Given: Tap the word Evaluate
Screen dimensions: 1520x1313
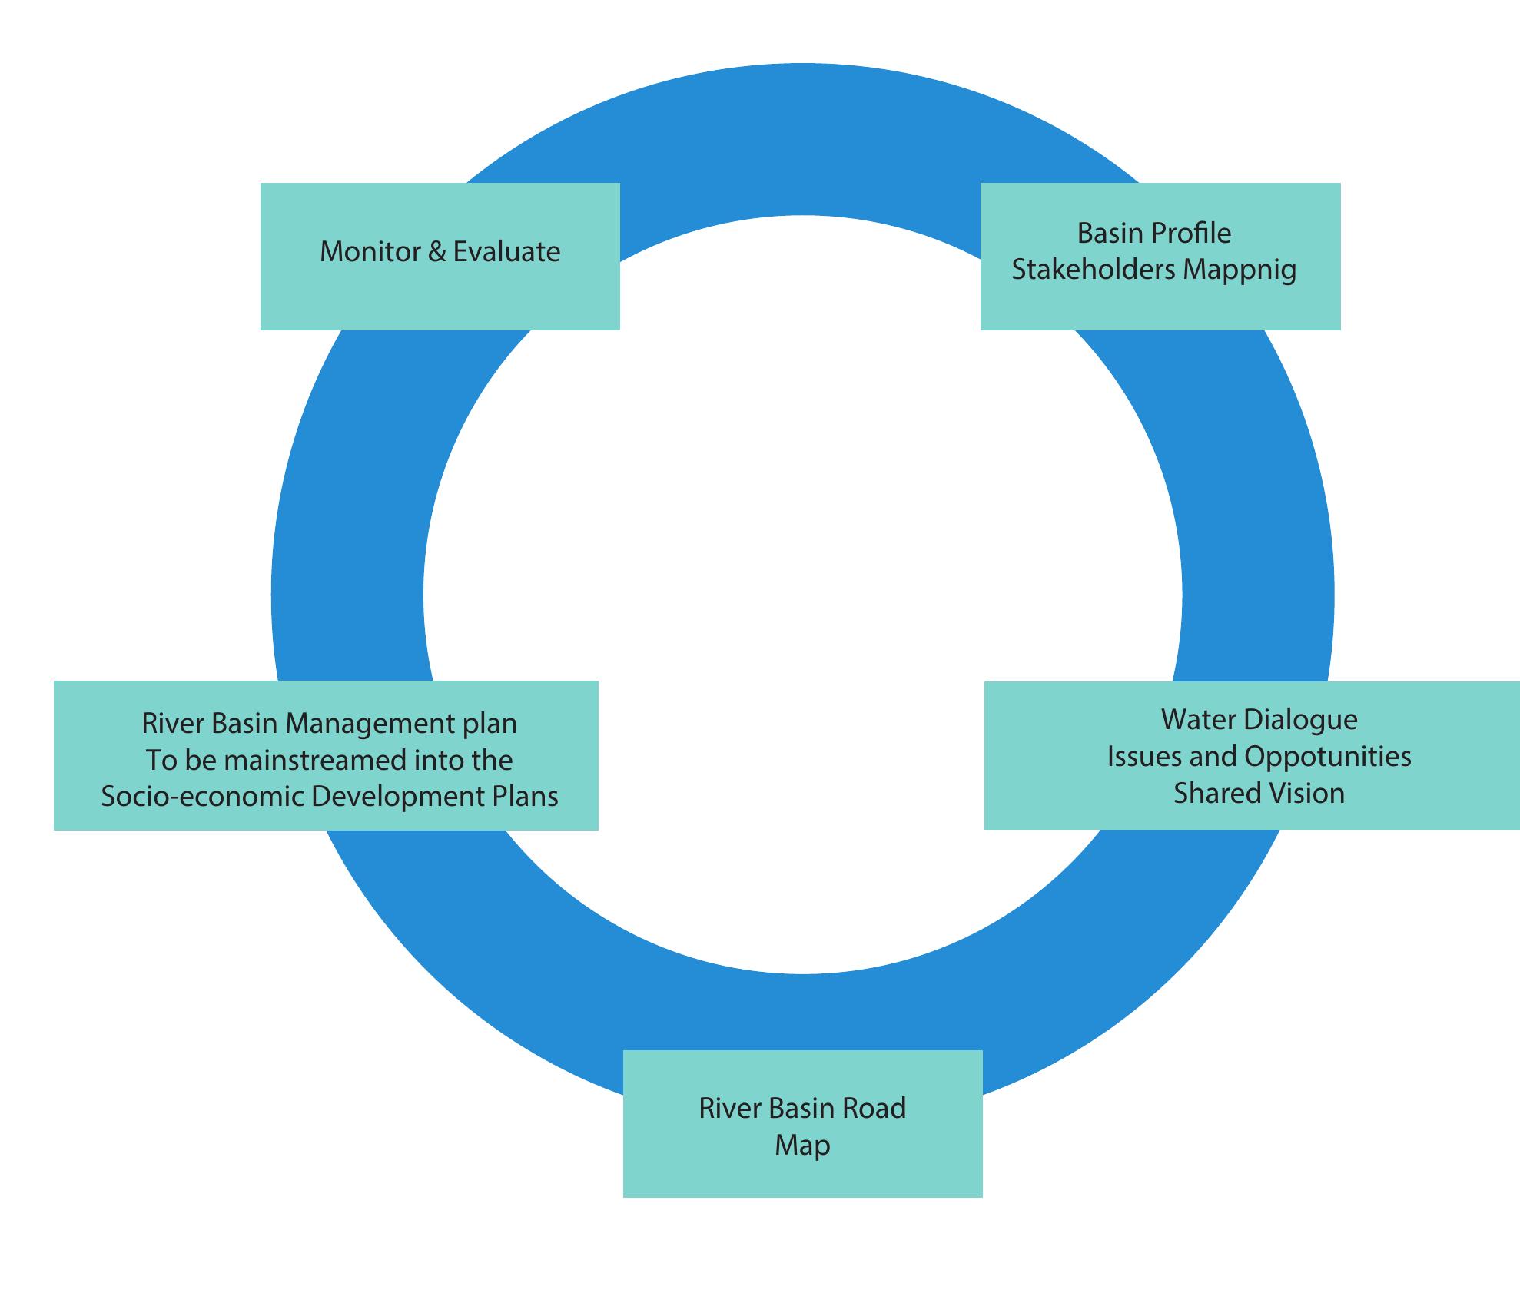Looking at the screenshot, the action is point(506,252).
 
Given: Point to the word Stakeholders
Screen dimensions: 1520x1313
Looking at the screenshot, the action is point(1094,270).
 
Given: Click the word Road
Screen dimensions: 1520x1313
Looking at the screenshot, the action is point(874,1108).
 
